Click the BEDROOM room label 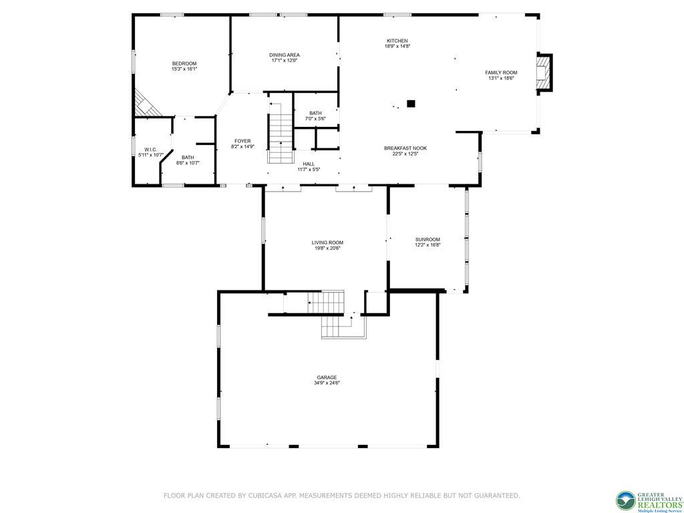[184, 63]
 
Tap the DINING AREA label [285, 55]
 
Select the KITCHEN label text [397, 41]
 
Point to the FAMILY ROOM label [501, 72]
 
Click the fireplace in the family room [545, 72]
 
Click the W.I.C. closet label [150, 150]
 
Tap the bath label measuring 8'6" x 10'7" [188, 158]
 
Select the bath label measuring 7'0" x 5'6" [315, 113]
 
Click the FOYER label [242, 141]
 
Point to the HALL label [309, 164]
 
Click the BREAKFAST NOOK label [405, 148]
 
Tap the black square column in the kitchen [411, 104]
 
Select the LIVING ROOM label [327, 242]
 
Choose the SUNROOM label [427, 239]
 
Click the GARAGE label [327, 377]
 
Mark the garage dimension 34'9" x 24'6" [327, 383]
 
